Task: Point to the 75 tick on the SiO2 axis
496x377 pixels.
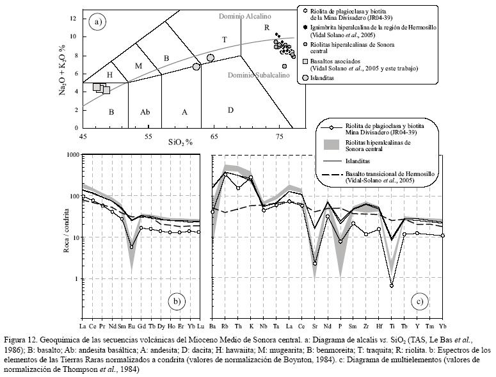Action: tap(279, 136)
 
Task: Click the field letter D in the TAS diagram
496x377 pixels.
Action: tap(230, 110)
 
